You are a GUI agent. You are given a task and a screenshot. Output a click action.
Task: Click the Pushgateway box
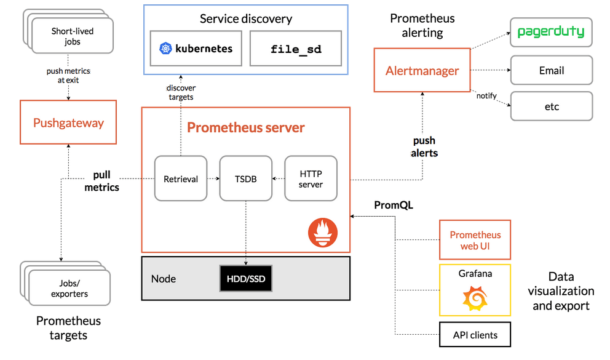pyautogui.click(x=68, y=122)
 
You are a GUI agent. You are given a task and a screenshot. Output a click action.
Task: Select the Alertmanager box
pyautogui.click(x=422, y=71)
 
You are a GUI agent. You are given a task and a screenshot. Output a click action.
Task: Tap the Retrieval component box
pyautogui.click(x=181, y=178)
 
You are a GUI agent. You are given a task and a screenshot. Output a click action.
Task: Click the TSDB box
pyautogui.click(x=246, y=178)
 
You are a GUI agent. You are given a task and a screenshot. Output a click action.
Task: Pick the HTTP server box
pyautogui.click(x=311, y=178)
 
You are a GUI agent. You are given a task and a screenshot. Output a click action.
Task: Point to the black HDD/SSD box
pyautogui.click(x=245, y=279)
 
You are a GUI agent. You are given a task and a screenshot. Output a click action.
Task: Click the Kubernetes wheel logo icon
pyautogui.click(x=165, y=49)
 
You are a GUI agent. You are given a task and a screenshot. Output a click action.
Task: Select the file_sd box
pyautogui.click(x=296, y=49)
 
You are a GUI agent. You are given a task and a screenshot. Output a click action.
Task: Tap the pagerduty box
pyautogui.click(x=551, y=32)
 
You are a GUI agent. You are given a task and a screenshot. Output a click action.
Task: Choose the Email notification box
pyautogui.click(x=551, y=70)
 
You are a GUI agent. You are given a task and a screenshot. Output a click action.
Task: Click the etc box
pyautogui.click(x=551, y=106)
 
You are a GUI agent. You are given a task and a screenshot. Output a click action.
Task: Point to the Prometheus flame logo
pyautogui.click(x=323, y=233)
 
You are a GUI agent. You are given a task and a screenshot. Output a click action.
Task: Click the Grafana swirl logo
pyautogui.click(x=475, y=298)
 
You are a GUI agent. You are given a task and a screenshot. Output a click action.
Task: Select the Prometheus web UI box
pyautogui.click(x=475, y=240)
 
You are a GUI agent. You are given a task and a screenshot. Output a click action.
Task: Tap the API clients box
pyautogui.click(x=475, y=335)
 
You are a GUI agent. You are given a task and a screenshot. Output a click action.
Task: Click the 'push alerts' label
pyautogui.click(x=425, y=147)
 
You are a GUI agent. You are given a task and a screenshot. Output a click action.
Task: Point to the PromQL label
pyautogui.click(x=394, y=205)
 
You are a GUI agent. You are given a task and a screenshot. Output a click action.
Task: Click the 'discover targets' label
pyautogui.click(x=181, y=92)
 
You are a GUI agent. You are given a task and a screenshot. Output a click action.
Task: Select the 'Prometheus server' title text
pyautogui.click(x=245, y=128)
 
